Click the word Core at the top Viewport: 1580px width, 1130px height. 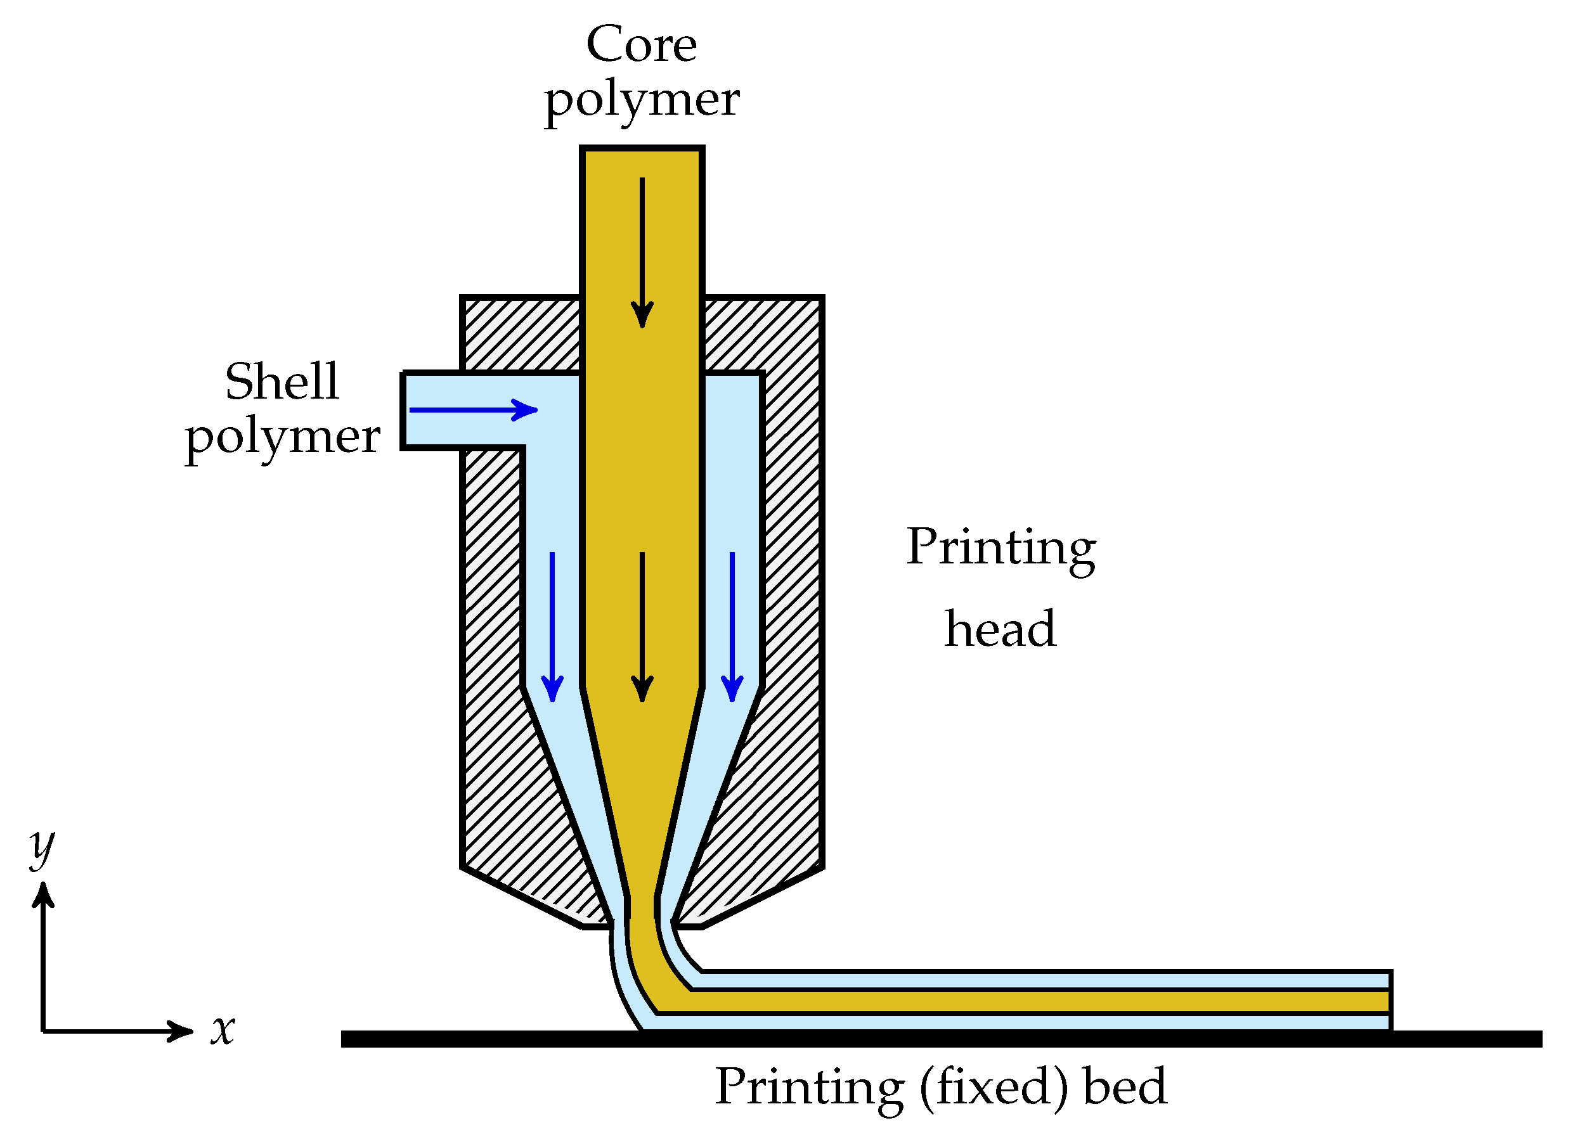[640, 45]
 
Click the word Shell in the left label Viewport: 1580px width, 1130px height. [282, 382]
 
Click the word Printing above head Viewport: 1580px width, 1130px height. [1000, 548]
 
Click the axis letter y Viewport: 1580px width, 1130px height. [42, 847]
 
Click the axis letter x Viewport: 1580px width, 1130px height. [223, 1029]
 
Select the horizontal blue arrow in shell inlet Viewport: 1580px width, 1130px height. [474, 410]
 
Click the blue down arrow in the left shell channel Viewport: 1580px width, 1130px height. [552, 626]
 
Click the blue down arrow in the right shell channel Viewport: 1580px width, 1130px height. [732, 626]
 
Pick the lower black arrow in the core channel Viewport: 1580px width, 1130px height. [642, 626]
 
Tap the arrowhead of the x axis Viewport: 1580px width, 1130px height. [183, 1031]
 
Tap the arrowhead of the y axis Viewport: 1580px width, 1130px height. [43, 895]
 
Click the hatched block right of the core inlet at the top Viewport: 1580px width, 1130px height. [762, 334]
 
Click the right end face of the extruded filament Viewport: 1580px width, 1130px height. [1390, 1001]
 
